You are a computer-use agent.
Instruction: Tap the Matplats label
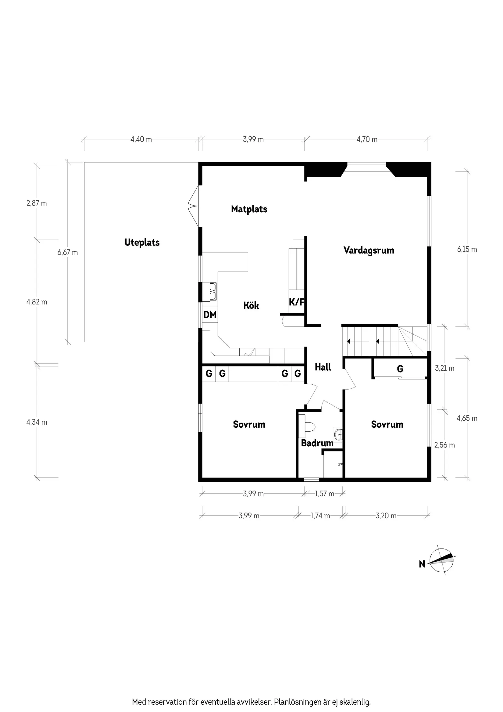249,209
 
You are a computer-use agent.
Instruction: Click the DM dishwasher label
210,315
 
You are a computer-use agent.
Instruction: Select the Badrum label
317,443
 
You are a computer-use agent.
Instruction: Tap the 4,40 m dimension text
141,139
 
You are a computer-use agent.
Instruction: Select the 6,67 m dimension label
68,252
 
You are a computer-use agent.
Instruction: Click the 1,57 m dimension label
324,494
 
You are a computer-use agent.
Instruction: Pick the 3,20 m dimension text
386,516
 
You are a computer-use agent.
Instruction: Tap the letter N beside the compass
422,564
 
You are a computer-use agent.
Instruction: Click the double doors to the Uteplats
193,206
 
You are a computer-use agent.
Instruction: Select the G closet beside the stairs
400,369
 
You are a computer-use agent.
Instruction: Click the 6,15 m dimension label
467,249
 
